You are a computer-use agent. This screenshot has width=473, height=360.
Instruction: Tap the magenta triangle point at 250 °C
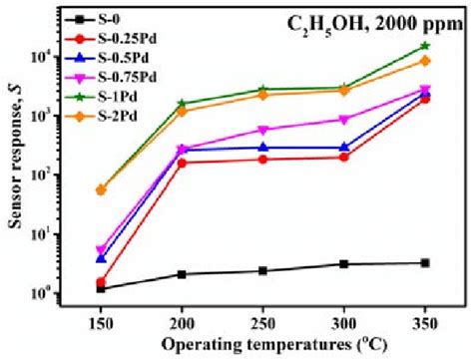[x=262, y=130]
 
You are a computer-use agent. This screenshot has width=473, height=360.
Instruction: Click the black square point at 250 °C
[x=262, y=271]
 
